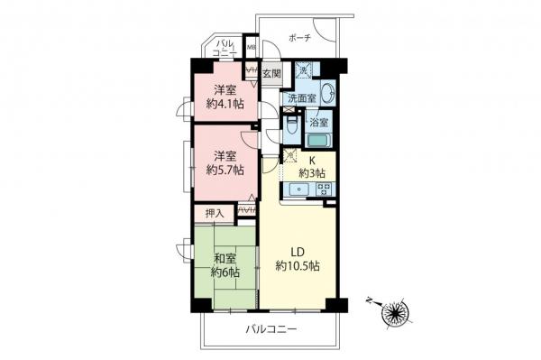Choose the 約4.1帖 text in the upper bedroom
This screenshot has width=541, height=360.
point(225,103)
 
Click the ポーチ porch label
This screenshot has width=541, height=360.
point(299,39)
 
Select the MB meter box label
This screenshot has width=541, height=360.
point(252,47)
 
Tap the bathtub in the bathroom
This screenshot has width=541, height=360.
point(318,139)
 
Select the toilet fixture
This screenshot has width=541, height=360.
point(293,127)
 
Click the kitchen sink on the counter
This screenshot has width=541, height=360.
point(299,189)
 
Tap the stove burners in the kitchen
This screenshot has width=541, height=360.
point(325,189)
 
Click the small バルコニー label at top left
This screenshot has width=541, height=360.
point(224,49)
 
